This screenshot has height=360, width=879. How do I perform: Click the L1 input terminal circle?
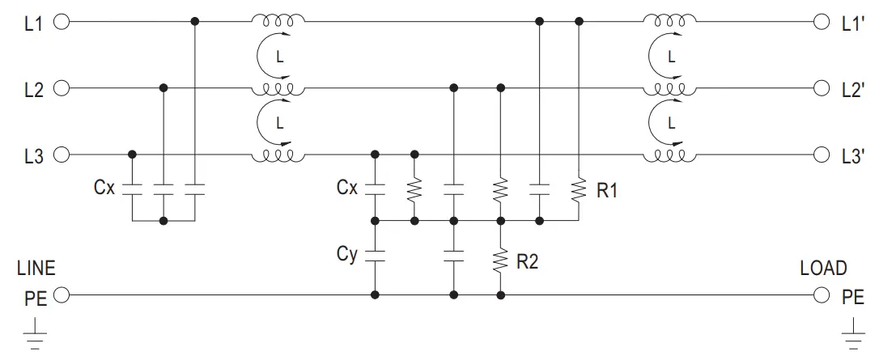click(60, 22)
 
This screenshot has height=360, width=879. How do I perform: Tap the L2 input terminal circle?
click(60, 87)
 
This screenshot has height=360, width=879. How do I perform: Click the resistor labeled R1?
click(580, 191)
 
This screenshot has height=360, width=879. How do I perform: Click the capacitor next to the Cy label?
click(374, 256)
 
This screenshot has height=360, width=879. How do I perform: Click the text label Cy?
click(347, 255)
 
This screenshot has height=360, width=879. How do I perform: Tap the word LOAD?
click(823, 269)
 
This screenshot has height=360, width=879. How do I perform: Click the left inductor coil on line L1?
click(278, 19)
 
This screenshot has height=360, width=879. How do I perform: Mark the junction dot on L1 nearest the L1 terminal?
click(195, 22)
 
